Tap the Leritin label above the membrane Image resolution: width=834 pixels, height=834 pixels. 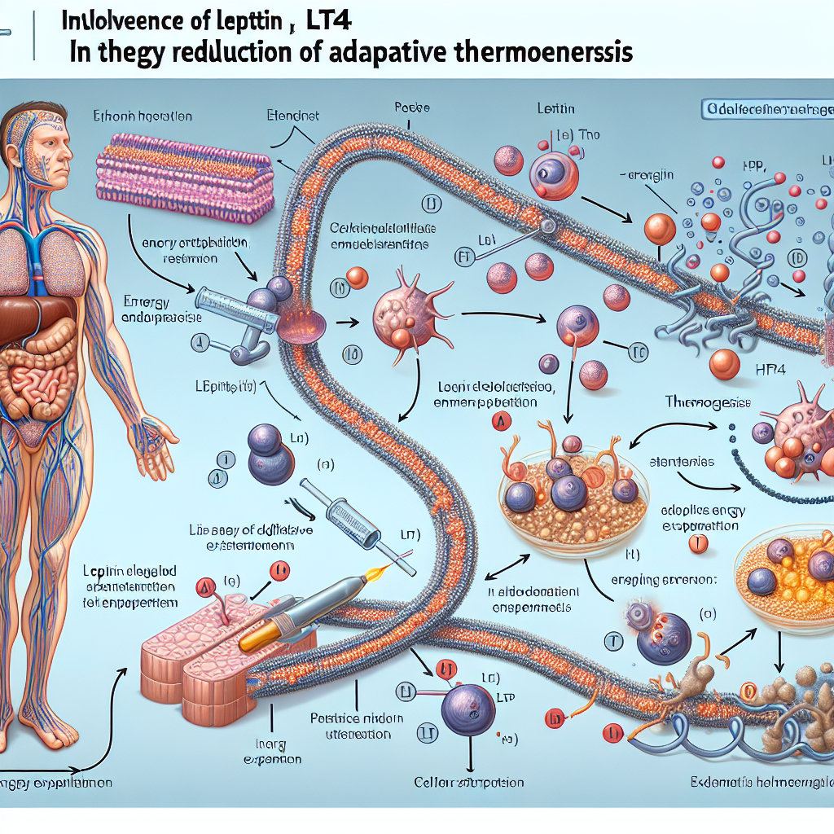click(557, 108)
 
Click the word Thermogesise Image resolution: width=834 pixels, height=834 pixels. click(706, 402)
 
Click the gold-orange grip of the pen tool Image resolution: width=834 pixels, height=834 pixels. click(254, 639)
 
